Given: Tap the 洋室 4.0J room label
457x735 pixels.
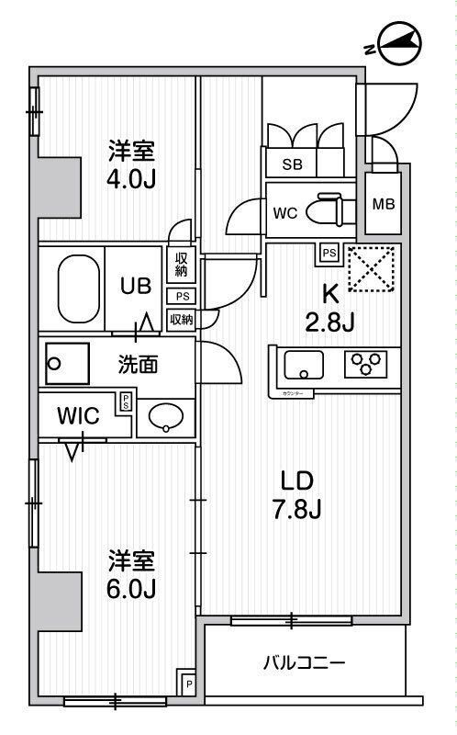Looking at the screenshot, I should point(131,162).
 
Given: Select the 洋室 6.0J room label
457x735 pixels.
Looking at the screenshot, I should point(131,573).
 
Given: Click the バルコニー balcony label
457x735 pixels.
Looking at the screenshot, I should point(303,662).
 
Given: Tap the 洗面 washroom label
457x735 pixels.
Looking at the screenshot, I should point(138,365).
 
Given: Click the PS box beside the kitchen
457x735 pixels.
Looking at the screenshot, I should point(328,250).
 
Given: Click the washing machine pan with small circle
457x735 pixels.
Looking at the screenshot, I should point(67,363).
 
